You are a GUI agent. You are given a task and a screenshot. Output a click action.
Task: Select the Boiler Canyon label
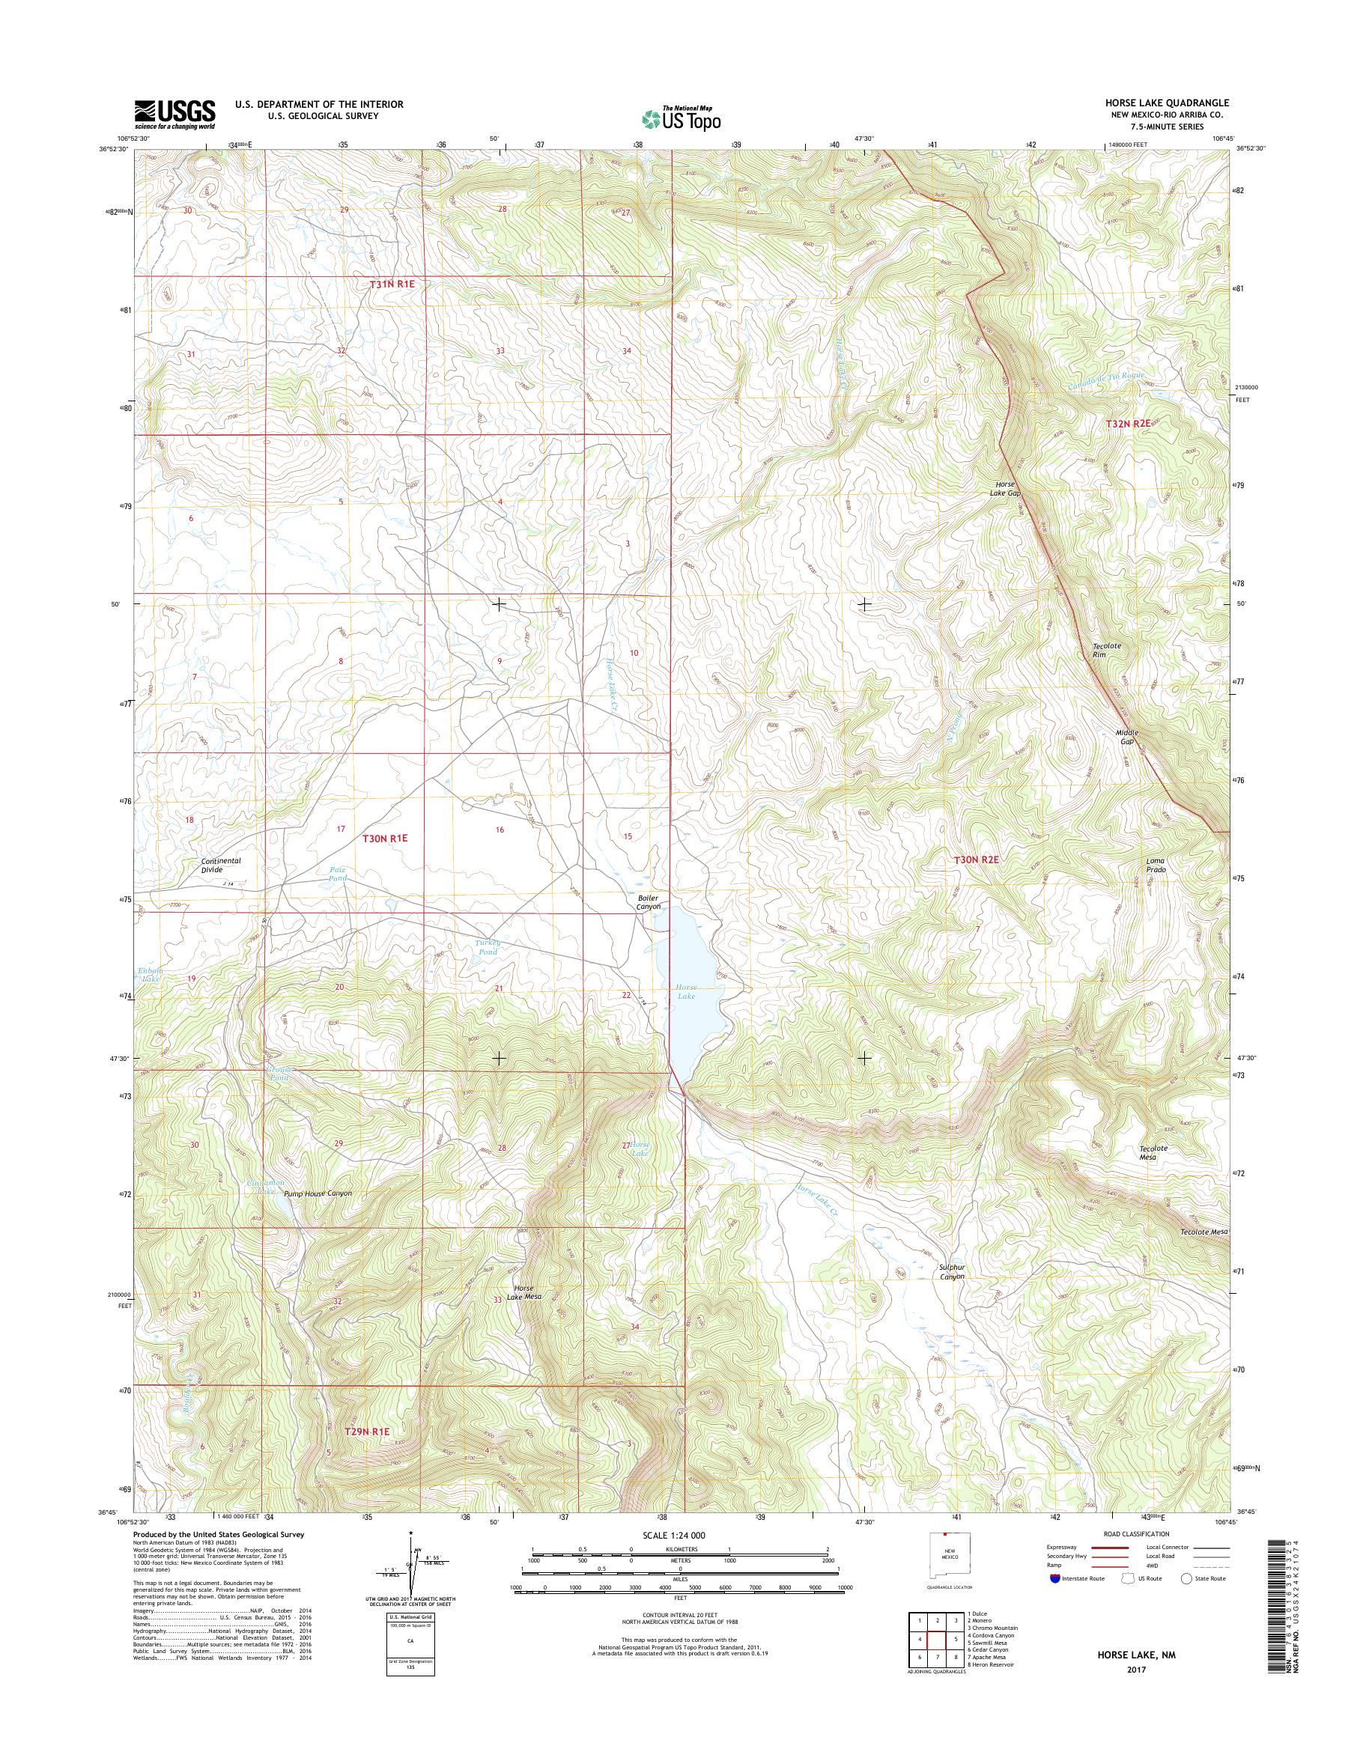[x=648, y=901]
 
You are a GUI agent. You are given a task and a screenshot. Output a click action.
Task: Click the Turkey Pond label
[x=487, y=947]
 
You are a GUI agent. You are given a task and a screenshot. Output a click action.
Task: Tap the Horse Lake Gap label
[x=1006, y=488]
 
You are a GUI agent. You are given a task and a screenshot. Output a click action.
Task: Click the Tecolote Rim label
[x=1106, y=651]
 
